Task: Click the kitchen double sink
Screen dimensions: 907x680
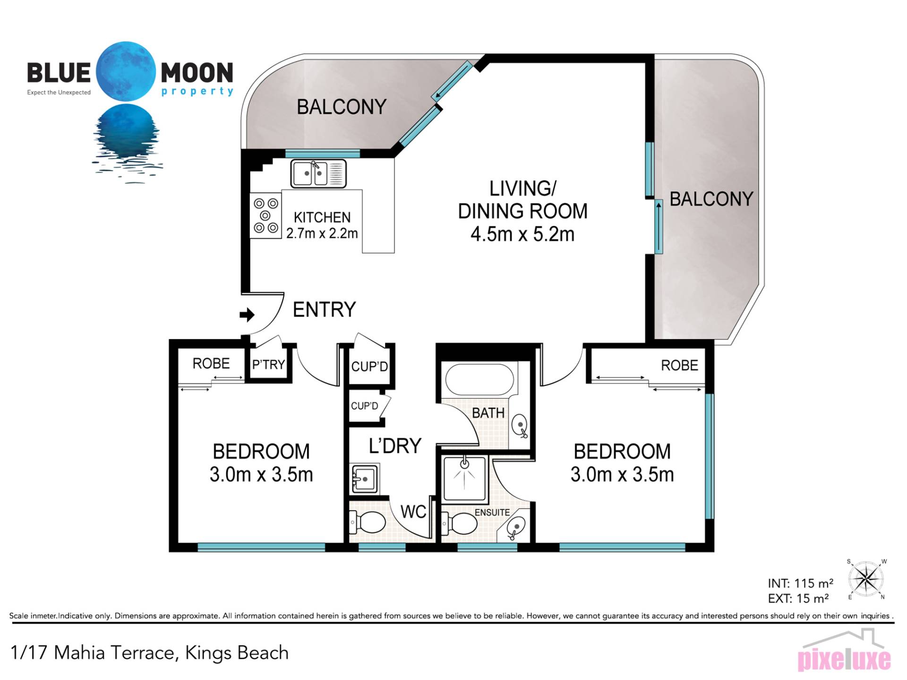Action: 318,174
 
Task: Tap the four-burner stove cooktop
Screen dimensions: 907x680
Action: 265,215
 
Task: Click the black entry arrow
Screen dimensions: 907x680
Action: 247,314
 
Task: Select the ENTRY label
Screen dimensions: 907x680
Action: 324,310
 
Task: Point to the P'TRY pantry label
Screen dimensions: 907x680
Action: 268,365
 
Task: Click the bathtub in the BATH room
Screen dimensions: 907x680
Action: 479,379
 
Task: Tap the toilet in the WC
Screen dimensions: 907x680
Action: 368,523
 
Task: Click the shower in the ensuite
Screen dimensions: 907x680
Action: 465,478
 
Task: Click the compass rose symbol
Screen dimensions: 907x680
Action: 866,579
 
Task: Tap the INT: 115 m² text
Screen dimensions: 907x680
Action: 800,584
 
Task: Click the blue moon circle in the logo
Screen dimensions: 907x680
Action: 126,71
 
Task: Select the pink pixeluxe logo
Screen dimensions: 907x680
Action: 844,658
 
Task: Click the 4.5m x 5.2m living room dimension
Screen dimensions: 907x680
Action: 522,234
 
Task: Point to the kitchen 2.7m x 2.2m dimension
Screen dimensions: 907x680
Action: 322,233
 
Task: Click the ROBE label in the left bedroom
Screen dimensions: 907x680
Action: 211,364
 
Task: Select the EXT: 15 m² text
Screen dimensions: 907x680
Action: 798,599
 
